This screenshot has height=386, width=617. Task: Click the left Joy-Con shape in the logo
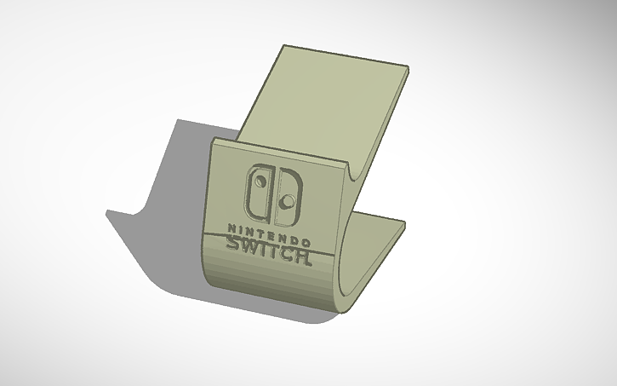click(255, 191)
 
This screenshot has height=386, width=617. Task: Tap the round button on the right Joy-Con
click(289, 201)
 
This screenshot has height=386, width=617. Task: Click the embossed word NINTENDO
click(267, 231)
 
